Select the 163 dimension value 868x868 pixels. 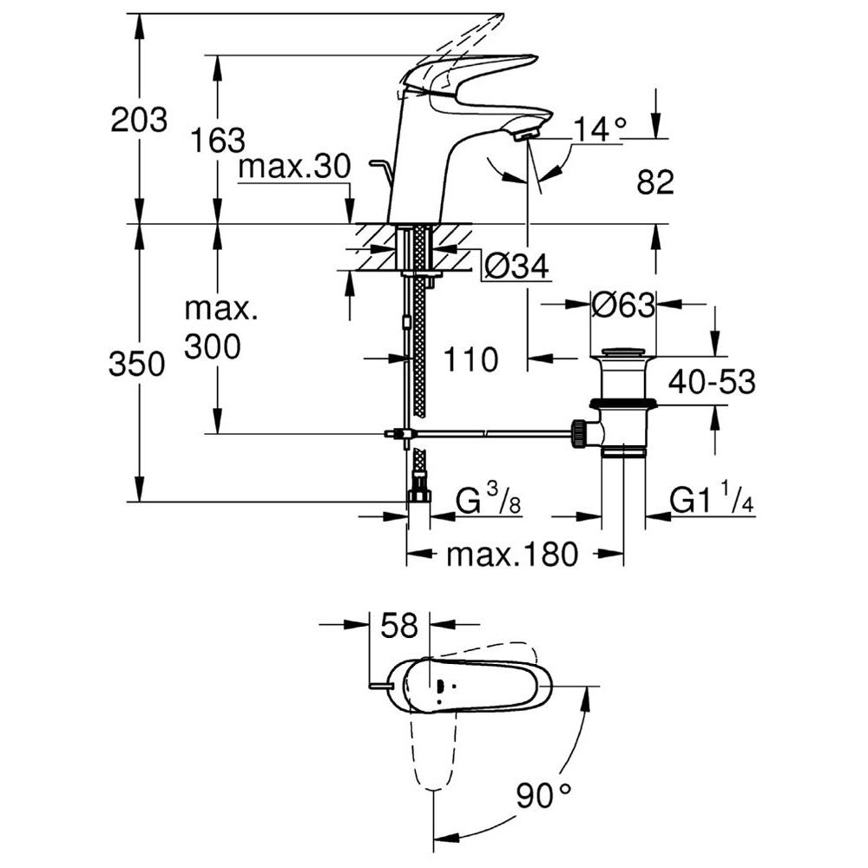[218, 140]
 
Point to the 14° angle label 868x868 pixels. [600, 131]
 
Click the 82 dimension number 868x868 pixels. [655, 182]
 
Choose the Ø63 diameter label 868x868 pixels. [621, 305]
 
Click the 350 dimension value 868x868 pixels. [136, 365]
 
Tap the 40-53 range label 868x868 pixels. [712, 381]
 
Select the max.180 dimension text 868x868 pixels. [511, 555]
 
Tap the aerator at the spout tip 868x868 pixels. [526, 135]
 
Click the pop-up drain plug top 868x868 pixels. [622, 352]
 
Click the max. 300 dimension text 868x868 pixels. [213, 328]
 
